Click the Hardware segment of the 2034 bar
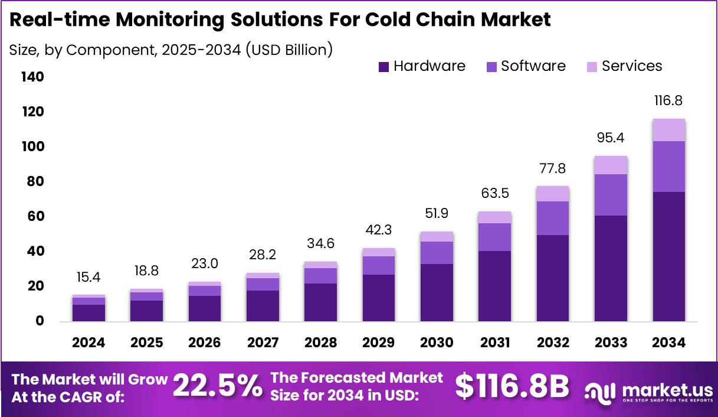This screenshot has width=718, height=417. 668,256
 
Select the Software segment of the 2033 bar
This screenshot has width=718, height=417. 611,195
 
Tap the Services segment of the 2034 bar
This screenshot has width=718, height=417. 668,130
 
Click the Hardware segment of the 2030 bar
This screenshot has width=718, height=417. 437,292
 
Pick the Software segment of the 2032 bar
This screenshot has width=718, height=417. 553,218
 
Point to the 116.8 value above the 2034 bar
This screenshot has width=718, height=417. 668,101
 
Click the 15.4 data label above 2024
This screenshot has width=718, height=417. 89,277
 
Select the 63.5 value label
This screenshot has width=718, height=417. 494,193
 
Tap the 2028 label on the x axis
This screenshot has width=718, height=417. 321,343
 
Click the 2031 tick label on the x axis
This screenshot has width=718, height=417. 494,343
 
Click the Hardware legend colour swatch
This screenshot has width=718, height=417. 383,67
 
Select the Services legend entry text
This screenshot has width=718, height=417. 632,66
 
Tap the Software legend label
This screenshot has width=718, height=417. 533,66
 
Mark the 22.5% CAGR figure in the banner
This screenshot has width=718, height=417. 217,387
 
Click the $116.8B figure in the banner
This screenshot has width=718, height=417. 512,387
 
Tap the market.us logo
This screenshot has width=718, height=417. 649,391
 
